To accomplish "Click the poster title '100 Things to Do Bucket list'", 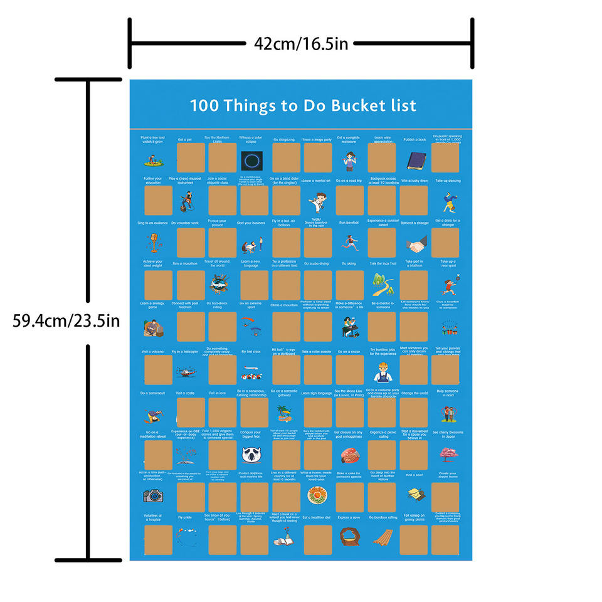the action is [303, 105].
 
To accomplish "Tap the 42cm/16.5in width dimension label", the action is [301, 43].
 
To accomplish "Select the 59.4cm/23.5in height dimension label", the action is [66, 321].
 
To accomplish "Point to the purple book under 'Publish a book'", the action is [415, 161].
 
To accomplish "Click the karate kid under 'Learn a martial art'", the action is [319, 201].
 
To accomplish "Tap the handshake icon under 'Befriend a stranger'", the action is [415, 243].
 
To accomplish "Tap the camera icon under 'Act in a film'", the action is [153, 496].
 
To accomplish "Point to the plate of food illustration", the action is [319, 497].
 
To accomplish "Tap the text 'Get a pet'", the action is [185, 140].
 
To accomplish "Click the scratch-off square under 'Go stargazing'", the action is [287, 158].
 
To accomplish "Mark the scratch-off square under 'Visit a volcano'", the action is [159, 370].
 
